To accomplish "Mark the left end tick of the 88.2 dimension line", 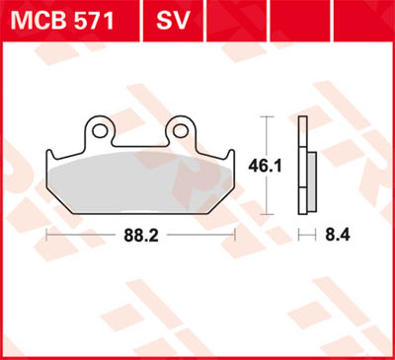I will click(x=45, y=235).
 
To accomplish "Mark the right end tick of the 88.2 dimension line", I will click(x=235, y=235).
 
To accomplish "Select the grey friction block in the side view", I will click(x=311, y=181).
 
